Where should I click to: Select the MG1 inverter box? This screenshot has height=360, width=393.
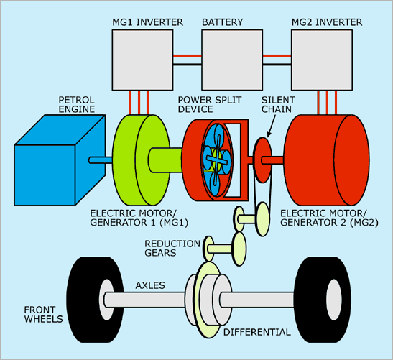tap(142, 60)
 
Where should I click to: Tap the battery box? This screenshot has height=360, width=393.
tap(232, 60)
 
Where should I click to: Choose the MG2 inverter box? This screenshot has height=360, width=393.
tap(322, 60)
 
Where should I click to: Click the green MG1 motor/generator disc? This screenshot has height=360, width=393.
tap(141, 160)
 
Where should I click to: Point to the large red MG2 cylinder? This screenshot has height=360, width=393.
tap(327, 160)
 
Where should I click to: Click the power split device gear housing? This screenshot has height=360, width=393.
tap(216, 160)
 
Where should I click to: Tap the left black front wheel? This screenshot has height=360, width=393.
tap(96, 300)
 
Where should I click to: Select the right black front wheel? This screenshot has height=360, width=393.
tap(323, 300)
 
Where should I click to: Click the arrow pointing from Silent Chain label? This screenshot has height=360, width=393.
tap(272, 126)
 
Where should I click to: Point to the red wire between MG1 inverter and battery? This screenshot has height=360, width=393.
tap(188, 55)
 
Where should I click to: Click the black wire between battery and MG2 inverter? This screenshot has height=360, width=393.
tap(277, 65)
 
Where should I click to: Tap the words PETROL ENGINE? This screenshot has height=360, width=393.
tap(77, 104)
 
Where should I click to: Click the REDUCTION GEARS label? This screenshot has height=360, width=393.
tap(172, 248)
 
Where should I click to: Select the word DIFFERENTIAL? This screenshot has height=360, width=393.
tap(257, 332)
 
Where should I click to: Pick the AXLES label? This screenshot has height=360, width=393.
tap(150, 285)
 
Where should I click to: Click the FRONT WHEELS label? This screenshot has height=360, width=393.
tap(43, 315)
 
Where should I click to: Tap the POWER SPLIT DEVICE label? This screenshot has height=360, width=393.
tap(210, 104)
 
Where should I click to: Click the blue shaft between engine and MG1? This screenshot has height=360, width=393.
tap(101, 160)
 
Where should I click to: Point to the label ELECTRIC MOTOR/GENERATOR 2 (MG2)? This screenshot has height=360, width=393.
tap(329, 218)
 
